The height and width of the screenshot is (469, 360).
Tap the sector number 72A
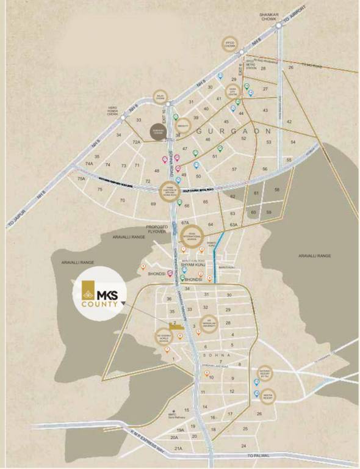click(x=137, y=142)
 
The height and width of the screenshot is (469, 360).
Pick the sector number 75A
click(x=81, y=178)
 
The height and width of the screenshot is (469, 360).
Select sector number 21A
click(x=179, y=448)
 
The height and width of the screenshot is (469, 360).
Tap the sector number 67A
click(x=185, y=224)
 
